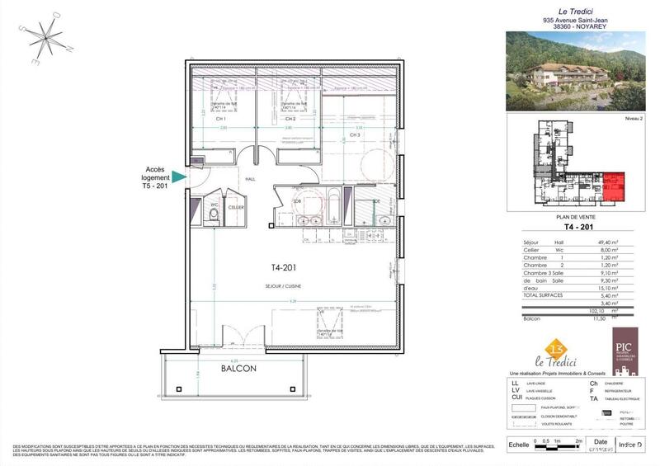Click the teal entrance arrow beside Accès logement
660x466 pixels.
[179, 175]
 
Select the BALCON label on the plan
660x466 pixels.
[238, 369]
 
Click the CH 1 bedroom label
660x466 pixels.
[221, 120]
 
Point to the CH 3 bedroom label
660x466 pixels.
[355, 134]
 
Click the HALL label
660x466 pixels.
[251, 179]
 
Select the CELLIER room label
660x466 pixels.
[237, 207]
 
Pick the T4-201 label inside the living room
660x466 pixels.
[284, 268]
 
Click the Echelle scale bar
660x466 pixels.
[561, 445]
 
